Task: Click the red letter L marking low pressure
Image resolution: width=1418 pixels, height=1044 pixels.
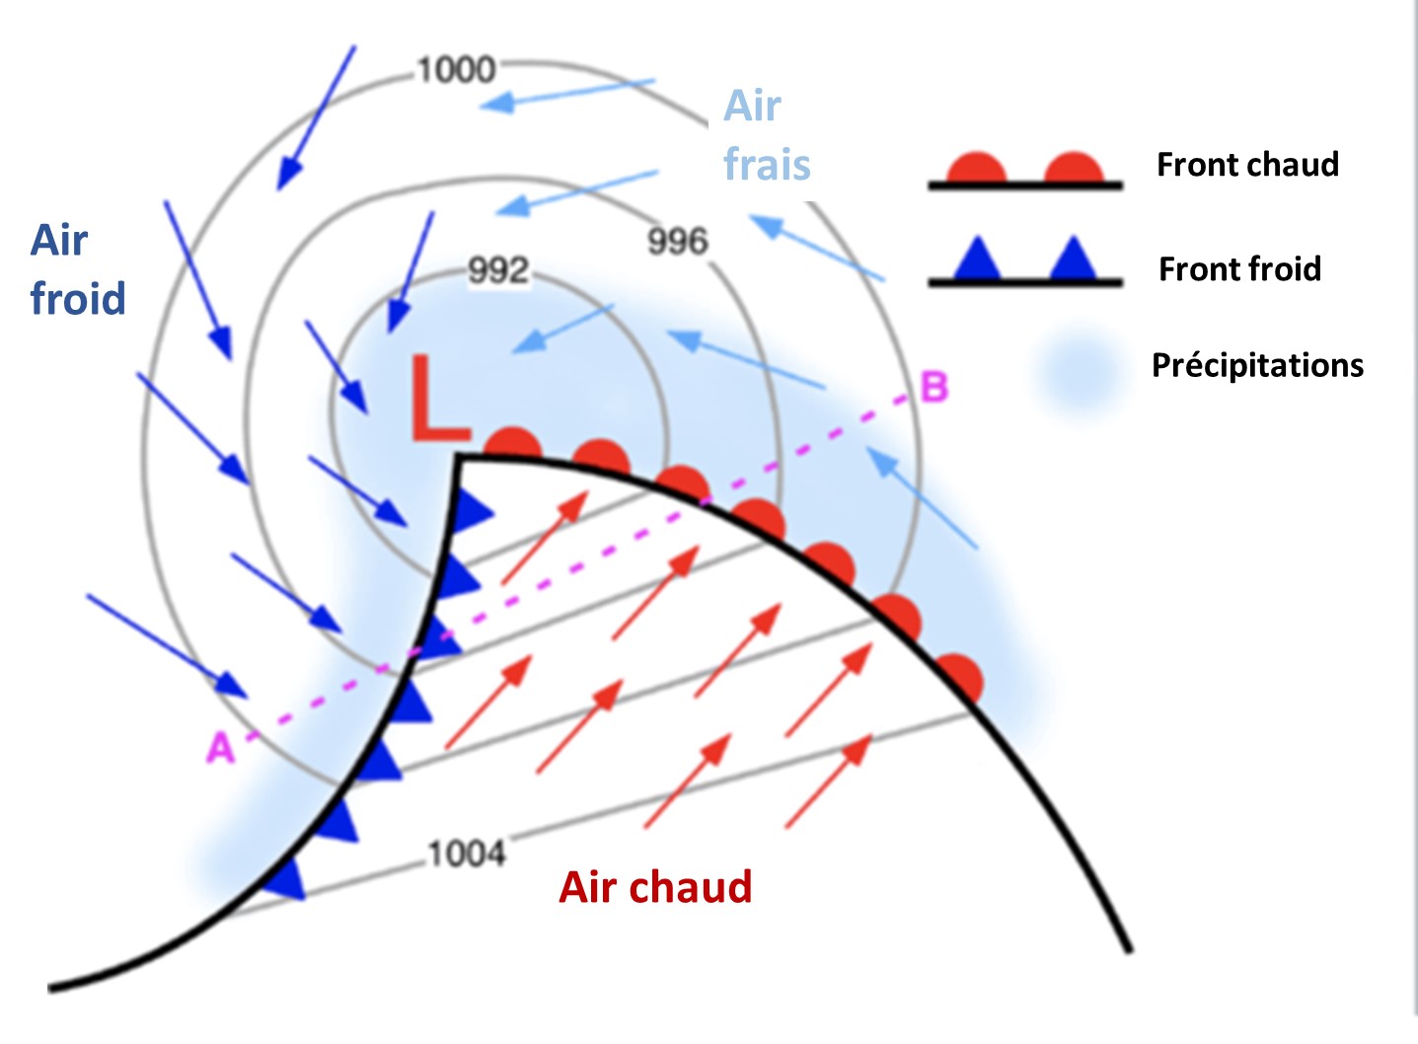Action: pos(438,398)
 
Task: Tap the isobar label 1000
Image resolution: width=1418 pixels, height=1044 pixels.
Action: pos(455,70)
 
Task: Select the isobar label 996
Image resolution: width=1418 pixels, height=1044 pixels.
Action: pos(678,242)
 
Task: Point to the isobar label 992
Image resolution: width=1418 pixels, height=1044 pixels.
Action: pos(498,270)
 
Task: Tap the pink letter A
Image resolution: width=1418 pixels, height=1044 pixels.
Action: pos(220,749)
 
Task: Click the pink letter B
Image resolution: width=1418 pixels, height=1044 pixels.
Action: pos(933,387)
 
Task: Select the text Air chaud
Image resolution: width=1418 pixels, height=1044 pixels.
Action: pos(655,887)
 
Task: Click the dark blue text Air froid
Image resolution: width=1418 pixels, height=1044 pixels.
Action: pos(78,269)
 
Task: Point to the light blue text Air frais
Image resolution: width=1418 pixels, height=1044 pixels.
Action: pos(767,135)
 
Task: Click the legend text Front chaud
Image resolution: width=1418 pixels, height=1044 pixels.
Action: pos(1247,165)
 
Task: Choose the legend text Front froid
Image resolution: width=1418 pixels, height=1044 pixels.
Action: pos(1239,268)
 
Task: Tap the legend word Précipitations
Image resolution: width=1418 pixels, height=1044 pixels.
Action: pos(1257,365)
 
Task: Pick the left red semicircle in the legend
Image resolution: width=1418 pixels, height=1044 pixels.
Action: pos(976,170)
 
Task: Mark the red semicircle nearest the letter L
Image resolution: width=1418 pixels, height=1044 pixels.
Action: pos(514,445)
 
